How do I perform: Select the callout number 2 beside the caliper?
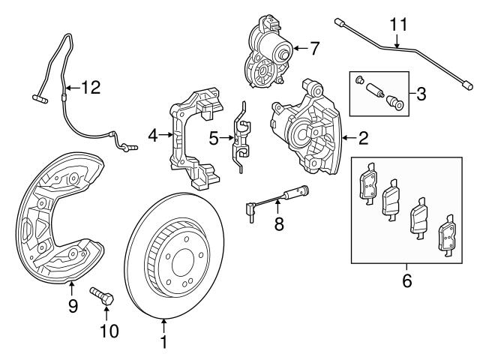[363, 138]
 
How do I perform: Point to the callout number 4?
[153, 136]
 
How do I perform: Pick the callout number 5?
[213, 138]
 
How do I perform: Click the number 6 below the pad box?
[406, 281]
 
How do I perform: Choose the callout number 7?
[314, 49]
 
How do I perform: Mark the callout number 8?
[279, 224]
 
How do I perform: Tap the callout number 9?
[73, 305]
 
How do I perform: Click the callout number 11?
[398, 24]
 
